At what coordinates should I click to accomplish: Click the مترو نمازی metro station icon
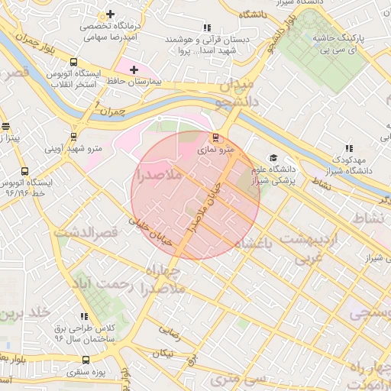[215, 138]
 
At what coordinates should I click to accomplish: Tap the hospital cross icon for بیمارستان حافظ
[134, 69]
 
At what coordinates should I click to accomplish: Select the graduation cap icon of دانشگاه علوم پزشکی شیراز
[273, 158]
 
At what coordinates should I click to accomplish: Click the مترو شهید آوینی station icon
[73, 137]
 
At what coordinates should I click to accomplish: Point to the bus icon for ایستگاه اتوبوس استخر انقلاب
[73, 63]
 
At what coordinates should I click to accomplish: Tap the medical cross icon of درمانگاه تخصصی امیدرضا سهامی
[111, 15]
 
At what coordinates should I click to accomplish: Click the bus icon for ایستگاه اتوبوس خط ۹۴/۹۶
[25, 172]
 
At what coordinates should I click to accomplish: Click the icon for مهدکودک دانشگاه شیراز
[348, 148]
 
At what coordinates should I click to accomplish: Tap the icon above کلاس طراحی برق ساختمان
[84, 316]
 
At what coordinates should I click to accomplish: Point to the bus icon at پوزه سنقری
[84, 360]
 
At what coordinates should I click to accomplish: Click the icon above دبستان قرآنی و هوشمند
[206, 28]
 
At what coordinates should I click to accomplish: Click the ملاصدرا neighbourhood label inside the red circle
[157, 176]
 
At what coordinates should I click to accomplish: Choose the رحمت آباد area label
[111, 286]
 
